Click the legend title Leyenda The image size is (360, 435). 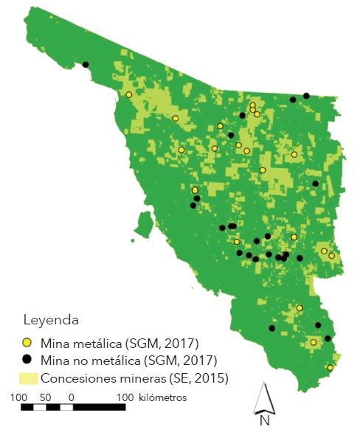[x=51, y=321]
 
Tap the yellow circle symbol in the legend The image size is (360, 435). [x=27, y=343]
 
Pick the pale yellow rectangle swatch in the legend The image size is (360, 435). [x=27, y=378]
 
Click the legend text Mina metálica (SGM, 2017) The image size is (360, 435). [x=120, y=343]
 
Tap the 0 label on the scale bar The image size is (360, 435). [x=71, y=397]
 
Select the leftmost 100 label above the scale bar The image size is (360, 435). [x=20, y=397]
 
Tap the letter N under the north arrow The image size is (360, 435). [x=263, y=421]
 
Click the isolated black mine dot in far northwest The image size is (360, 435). [x=86, y=65]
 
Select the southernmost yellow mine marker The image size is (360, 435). [x=330, y=367]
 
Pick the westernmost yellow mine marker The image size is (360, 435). [x=129, y=94]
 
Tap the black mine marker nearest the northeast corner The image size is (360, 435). [x=306, y=95]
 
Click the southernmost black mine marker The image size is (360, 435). [x=328, y=338]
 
